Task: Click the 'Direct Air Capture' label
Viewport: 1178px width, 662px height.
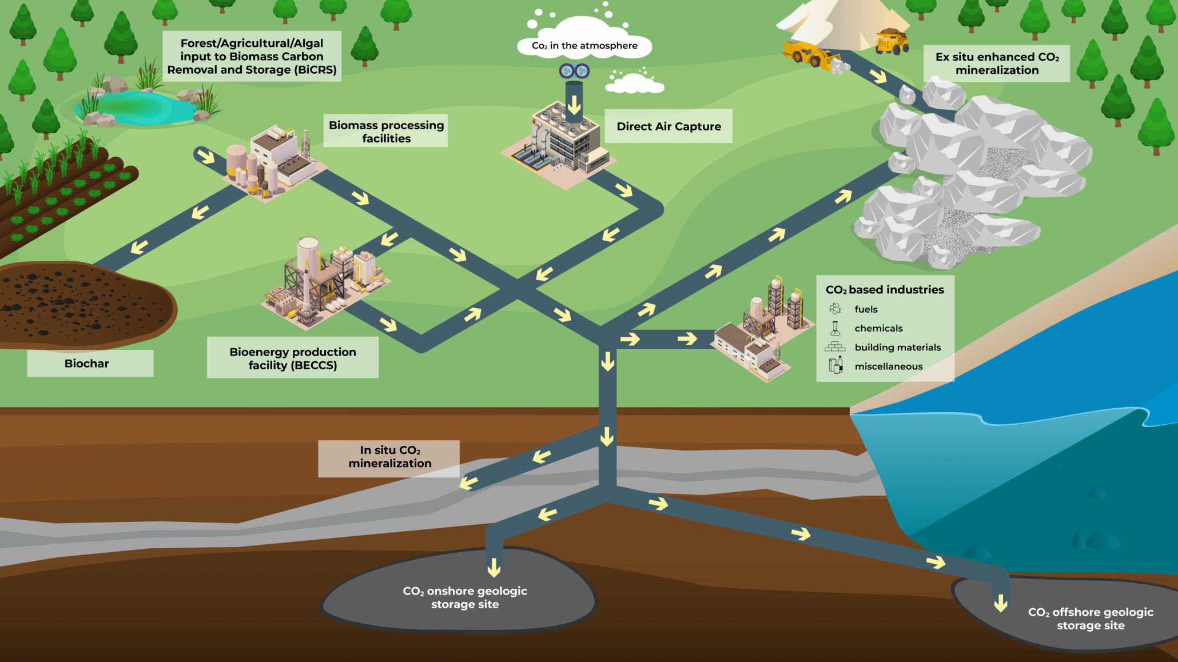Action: (x=668, y=126)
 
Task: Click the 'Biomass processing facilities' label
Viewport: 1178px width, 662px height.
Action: (x=386, y=131)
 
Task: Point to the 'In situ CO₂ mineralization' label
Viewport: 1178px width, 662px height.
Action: (x=389, y=457)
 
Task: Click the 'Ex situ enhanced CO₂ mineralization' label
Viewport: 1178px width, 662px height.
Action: (x=997, y=63)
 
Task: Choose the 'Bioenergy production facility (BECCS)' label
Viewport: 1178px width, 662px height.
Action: (x=293, y=358)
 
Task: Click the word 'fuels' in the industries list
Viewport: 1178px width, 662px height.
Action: (x=866, y=309)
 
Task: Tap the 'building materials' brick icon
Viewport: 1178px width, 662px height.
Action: (x=835, y=346)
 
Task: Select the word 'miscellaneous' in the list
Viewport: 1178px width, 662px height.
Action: (x=888, y=366)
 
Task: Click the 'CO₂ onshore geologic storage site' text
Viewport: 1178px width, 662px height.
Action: (x=465, y=597)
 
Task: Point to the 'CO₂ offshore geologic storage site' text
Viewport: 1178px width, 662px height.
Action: (x=1091, y=619)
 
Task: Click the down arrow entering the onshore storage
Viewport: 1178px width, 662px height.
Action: (x=494, y=567)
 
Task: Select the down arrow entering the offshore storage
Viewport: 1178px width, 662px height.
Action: (x=1001, y=603)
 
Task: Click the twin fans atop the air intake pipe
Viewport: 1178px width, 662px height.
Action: (x=574, y=71)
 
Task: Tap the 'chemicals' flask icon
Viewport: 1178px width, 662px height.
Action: (x=835, y=328)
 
